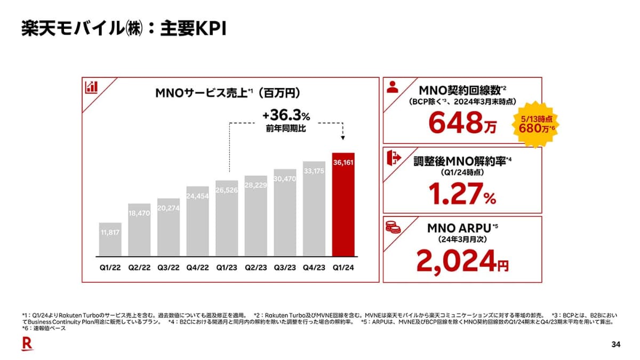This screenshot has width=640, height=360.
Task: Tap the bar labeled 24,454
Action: click(x=198, y=221)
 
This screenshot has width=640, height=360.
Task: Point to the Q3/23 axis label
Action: click(x=285, y=268)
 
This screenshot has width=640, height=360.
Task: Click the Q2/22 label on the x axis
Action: click(x=139, y=268)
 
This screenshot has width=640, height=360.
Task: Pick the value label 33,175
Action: click(x=314, y=171)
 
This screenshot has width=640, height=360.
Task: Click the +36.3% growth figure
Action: click(x=286, y=116)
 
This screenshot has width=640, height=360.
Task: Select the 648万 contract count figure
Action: click(x=462, y=124)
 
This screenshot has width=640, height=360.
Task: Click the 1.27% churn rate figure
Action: click(x=462, y=195)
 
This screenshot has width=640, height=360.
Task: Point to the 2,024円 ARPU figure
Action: click(x=462, y=261)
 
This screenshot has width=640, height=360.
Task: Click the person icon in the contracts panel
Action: click(x=393, y=87)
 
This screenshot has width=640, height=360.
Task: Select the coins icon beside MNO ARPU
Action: click(x=393, y=227)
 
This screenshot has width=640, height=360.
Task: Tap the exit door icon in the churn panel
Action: click(x=393, y=157)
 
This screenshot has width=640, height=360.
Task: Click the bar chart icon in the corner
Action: click(x=91, y=87)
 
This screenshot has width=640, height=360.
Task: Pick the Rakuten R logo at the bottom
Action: click(x=27, y=345)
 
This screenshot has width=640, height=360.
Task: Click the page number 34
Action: click(x=615, y=345)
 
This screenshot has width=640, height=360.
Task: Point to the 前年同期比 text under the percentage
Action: click(x=286, y=129)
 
